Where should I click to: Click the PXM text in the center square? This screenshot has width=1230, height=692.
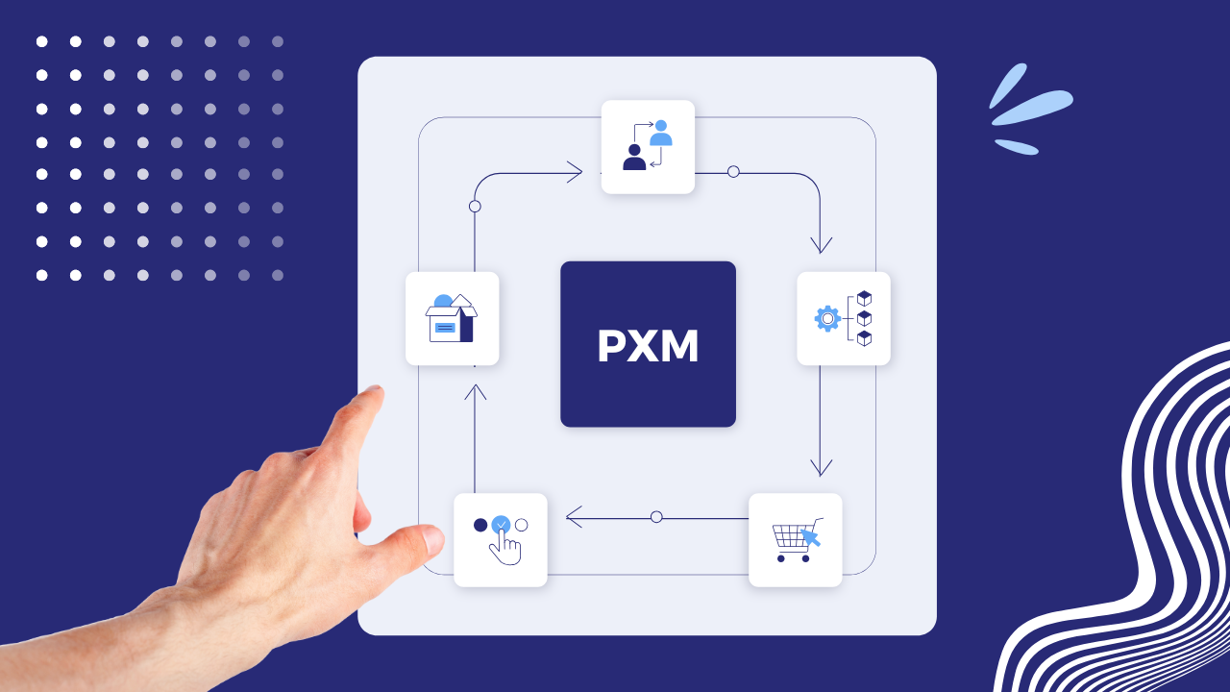648,347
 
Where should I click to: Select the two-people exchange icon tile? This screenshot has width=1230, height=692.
648,147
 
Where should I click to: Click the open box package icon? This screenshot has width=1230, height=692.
452,318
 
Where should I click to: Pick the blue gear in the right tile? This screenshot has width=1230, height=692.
826,318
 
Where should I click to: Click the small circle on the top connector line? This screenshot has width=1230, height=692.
733,172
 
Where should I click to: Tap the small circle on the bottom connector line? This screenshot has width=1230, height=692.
656,517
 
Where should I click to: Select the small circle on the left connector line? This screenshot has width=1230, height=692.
475,207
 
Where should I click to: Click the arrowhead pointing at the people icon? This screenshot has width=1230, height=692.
575,173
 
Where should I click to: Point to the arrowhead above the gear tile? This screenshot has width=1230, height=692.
821,244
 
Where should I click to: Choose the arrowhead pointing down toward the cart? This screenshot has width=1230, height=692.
821,467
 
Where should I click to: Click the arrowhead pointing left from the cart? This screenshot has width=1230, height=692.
574,517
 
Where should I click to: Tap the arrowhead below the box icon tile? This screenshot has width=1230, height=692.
475,391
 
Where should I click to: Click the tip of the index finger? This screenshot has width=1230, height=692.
373,393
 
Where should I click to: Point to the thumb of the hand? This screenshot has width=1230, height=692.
423,540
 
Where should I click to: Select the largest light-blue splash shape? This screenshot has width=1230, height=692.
1033,108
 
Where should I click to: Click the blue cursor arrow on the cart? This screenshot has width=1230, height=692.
811,535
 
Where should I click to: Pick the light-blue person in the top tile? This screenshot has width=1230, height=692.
660,134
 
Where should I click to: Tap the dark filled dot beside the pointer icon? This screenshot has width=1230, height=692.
480,525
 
